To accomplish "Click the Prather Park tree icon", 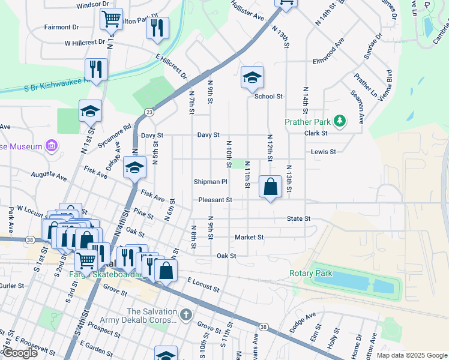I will pyautogui.click(x=340, y=121).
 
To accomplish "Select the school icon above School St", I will pyautogui.click(x=253, y=77).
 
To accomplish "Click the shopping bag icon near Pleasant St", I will pyautogui.click(x=271, y=187).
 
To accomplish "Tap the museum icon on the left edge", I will pyautogui.click(x=52, y=146).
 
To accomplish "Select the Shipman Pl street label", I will pyautogui.click(x=210, y=181).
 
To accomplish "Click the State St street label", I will pyautogui.click(x=298, y=219).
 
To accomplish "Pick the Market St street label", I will pyautogui.click(x=249, y=237).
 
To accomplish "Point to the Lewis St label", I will pyautogui.click(x=323, y=152).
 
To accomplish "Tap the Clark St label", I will pyautogui.click(x=315, y=133).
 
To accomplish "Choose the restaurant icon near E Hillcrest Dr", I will pyautogui.click(x=157, y=28).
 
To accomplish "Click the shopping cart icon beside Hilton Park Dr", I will pyautogui.click(x=111, y=19).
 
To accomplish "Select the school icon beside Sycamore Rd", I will pyautogui.click(x=90, y=111).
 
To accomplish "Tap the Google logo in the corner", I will pyautogui.click(x=20, y=353).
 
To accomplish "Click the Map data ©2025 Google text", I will pyautogui.click(x=411, y=355).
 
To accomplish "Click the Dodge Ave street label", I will pyautogui.click(x=302, y=323).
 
